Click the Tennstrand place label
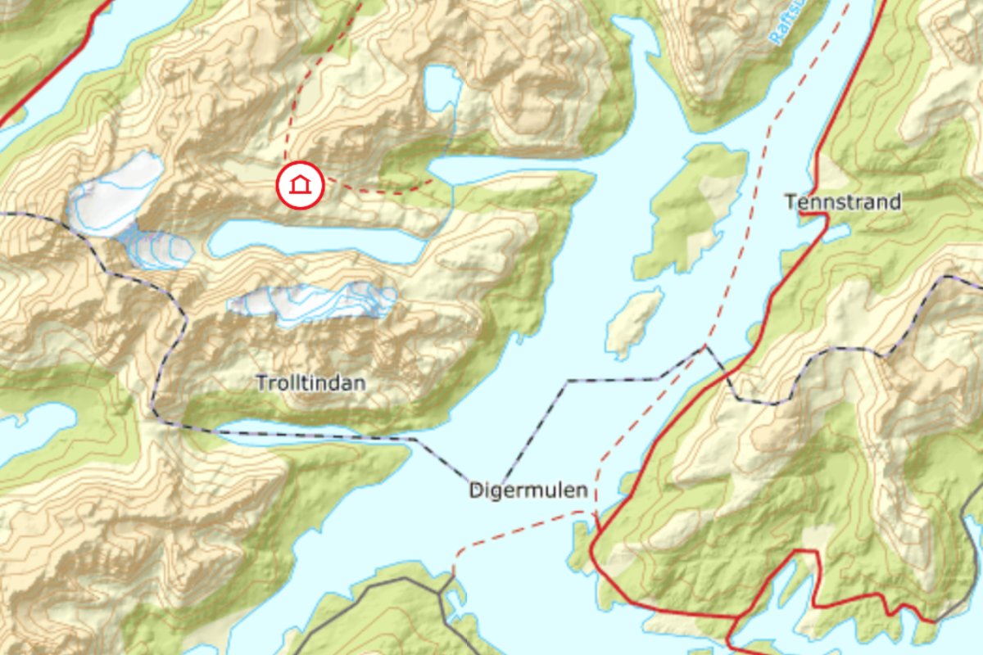843,201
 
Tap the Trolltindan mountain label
310,383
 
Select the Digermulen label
528,490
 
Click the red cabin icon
301,186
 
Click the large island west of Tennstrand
692,209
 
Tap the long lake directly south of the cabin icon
311,241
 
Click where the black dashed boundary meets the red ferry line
704,348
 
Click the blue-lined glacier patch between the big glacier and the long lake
156,250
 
